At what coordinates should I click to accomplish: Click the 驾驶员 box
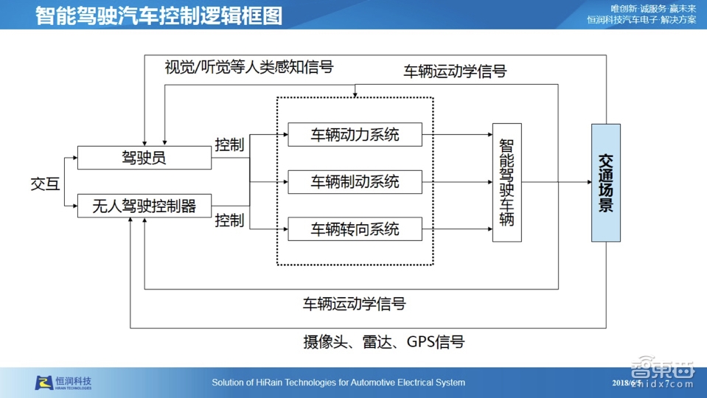144,157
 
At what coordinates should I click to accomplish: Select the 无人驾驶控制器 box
144,206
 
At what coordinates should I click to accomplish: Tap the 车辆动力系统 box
355,135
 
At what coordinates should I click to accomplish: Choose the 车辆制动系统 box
355,182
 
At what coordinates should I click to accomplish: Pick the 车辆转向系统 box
355,229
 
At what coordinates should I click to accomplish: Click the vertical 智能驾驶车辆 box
506,182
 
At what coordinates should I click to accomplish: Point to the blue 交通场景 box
605,183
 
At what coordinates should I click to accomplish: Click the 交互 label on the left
45,183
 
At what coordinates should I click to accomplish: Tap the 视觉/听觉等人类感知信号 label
249,68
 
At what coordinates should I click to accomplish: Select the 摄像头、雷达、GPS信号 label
383,341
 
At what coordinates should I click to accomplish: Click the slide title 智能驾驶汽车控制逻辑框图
159,15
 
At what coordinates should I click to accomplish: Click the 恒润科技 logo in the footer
64,383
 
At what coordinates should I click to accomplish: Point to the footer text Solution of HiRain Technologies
338,383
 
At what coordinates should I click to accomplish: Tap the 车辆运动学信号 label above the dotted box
455,71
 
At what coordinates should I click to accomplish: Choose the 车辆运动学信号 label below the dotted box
354,304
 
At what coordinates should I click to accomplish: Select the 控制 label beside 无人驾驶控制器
229,220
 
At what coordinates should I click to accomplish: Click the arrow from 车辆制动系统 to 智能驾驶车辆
456,182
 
